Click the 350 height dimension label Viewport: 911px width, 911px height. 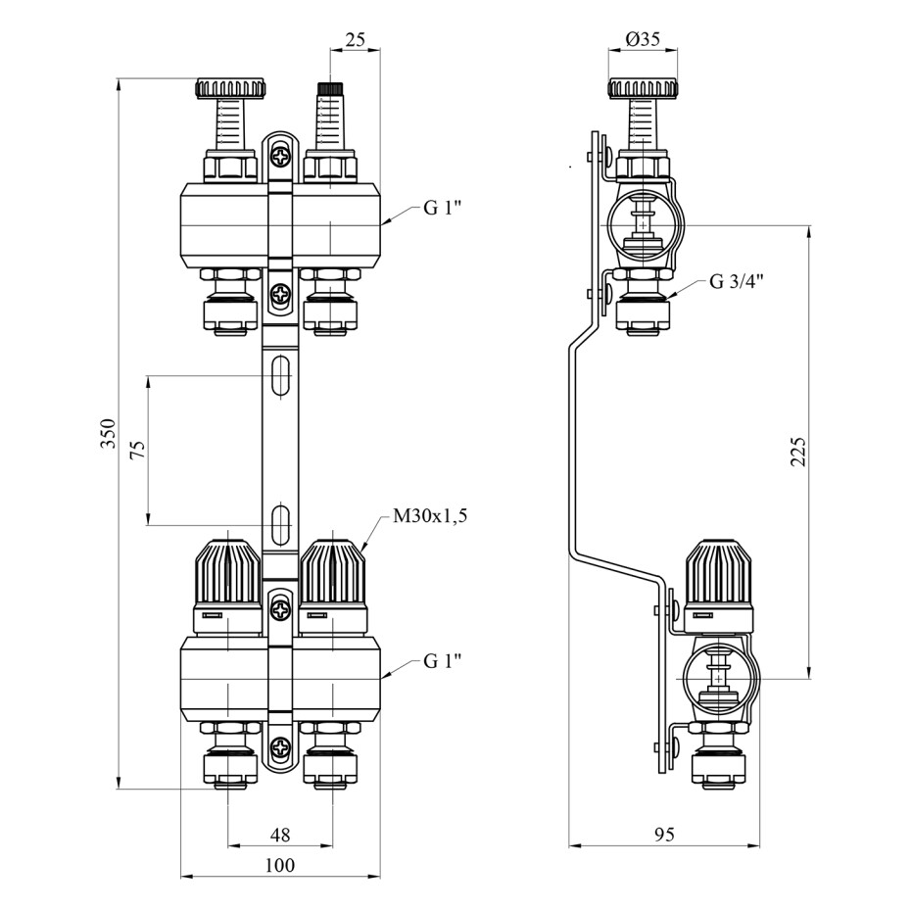click(x=109, y=433)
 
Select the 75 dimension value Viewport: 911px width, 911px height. click(x=138, y=451)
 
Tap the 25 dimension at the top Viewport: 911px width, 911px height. click(x=355, y=39)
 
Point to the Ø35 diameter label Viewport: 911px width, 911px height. click(x=643, y=39)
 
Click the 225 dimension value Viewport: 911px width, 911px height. click(x=798, y=451)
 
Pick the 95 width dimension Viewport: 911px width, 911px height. click(x=664, y=835)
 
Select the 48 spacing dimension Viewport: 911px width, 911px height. click(x=280, y=835)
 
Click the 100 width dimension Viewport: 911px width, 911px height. click(x=280, y=865)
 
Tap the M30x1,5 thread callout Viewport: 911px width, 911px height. click(x=430, y=516)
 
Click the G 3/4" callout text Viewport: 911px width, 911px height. click(x=736, y=282)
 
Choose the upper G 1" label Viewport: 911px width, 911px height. click(x=442, y=208)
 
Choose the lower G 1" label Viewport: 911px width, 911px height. click(x=442, y=660)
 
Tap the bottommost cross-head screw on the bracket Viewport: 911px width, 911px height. click(x=280, y=746)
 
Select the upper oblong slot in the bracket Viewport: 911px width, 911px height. click(x=280, y=375)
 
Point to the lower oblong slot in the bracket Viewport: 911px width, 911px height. click(x=280, y=525)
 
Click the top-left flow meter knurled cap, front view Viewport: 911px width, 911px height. click(x=229, y=88)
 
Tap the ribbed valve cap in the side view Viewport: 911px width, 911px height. click(x=719, y=571)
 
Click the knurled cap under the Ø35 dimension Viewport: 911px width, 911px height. click(x=643, y=88)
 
